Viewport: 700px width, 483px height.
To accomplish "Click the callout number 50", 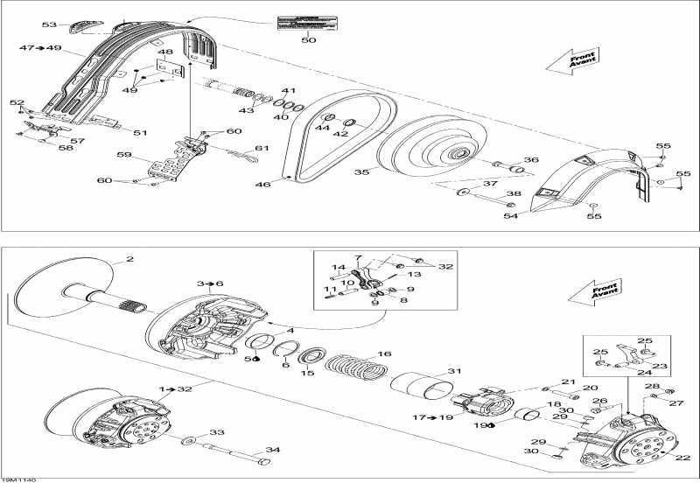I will (x=309, y=40).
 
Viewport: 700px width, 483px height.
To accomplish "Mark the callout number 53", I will (x=49, y=25).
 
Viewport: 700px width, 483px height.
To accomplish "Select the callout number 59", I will (x=122, y=156).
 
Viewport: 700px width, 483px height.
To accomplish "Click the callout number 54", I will (x=509, y=215).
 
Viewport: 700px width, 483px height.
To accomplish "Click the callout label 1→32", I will (x=178, y=388).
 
